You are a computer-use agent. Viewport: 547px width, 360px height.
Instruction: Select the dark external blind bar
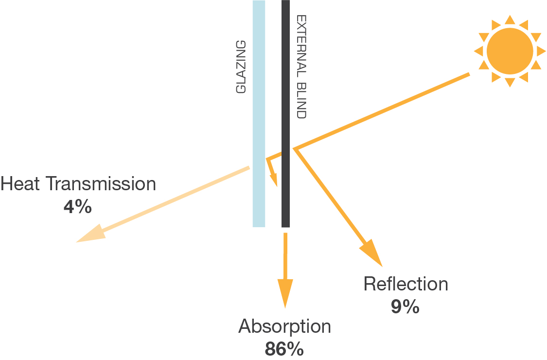point(286,73)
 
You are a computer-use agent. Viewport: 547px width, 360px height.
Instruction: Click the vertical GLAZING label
point(241,67)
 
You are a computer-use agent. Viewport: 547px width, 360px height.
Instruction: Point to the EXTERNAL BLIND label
point(301,67)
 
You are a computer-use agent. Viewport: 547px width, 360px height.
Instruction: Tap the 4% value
point(77,207)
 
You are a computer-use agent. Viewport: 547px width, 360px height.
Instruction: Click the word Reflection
point(406,284)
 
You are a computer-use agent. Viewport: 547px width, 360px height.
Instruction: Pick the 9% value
point(405,306)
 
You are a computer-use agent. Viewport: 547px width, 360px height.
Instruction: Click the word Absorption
point(284,326)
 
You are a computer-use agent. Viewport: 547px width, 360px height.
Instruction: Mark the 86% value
point(284,349)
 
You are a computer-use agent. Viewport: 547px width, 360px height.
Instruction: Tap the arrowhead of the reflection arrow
point(372,253)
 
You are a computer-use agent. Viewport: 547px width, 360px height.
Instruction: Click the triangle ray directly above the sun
point(510,19)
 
